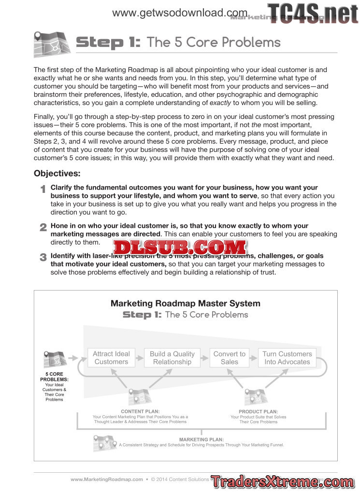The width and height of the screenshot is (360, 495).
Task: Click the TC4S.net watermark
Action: click(x=313, y=13)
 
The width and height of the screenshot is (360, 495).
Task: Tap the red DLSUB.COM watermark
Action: click(x=180, y=247)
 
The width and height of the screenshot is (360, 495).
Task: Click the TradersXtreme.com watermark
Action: click(x=282, y=482)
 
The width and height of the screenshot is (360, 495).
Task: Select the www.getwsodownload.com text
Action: click(x=180, y=13)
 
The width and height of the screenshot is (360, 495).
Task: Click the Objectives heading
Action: click(x=57, y=174)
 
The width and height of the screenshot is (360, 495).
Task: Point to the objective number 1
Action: click(x=43, y=189)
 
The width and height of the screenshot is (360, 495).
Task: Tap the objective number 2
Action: click(x=43, y=227)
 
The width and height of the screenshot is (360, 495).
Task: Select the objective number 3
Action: click(x=43, y=257)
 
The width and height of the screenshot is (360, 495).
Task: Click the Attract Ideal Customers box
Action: click(x=112, y=358)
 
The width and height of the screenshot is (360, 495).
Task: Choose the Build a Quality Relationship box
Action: click(x=172, y=358)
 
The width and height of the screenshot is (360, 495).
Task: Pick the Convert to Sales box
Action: click(x=230, y=358)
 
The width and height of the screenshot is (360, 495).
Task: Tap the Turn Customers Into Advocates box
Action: click(x=287, y=358)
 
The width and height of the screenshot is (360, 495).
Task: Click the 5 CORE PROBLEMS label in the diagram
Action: click(x=54, y=377)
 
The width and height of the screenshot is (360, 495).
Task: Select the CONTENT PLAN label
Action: click(x=140, y=411)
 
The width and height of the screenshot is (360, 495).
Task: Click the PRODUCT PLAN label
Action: click(x=259, y=411)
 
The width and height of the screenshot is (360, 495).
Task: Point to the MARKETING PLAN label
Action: click(x=202, y=439)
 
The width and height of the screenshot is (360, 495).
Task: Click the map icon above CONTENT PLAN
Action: click(x=140, y=396)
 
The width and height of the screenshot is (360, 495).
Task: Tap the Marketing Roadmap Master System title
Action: click(x=185, y=304)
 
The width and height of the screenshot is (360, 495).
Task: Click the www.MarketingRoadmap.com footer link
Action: click(x=107, y=480)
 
